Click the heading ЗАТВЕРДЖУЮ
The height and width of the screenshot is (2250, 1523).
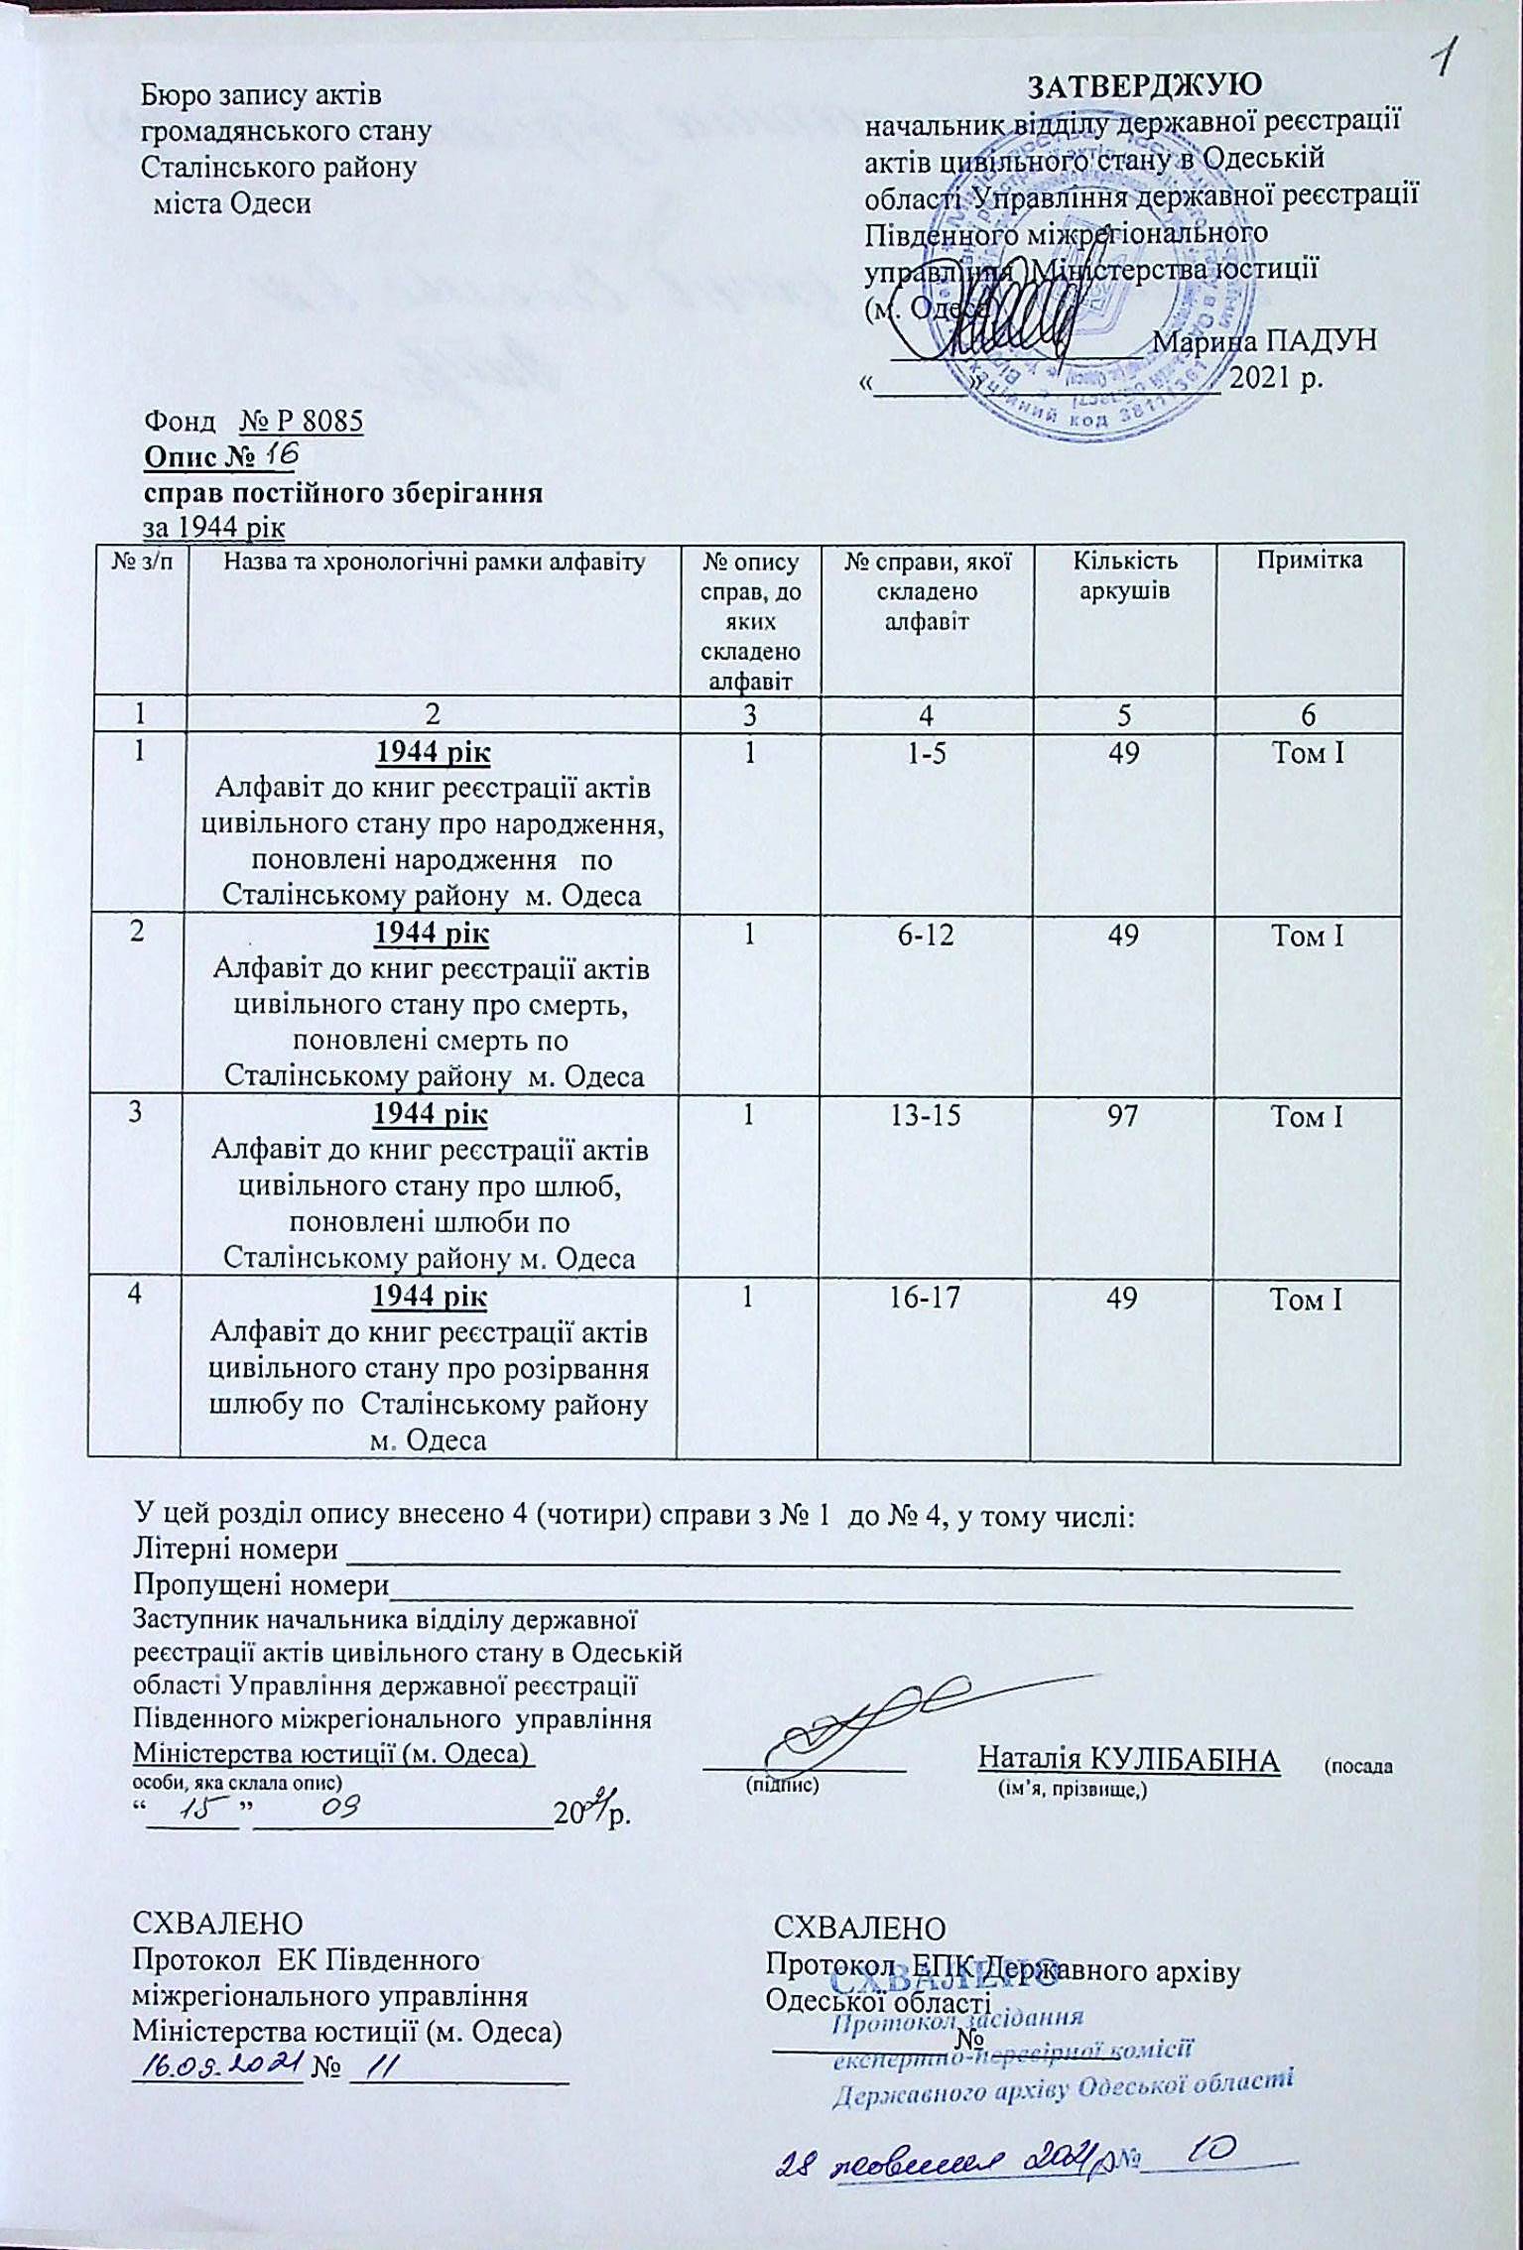pos(1144,85)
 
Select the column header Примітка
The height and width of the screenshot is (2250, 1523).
pos(1309,561)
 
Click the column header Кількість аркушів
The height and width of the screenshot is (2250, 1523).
pos(1124,575)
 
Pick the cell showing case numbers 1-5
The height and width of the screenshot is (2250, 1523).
pos(926,754)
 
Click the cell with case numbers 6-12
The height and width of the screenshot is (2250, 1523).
pos(926,935)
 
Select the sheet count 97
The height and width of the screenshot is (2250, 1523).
pos(1122,1116)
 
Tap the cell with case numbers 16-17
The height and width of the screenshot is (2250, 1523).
pos(926,1297)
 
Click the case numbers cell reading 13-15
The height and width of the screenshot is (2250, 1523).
pos(926,1116)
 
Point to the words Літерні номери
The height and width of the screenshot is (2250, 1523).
pos(235,1550)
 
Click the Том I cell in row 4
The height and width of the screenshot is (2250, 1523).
pos(1309,1297)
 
